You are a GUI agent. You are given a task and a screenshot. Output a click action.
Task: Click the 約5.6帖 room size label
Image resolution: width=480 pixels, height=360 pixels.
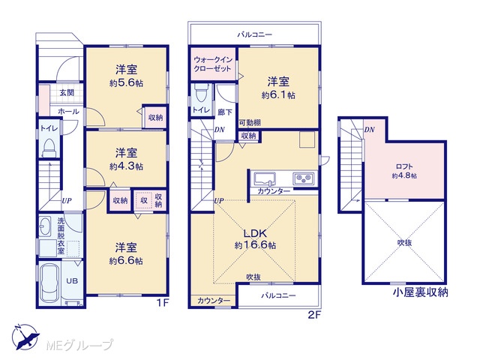[x=126, y=83]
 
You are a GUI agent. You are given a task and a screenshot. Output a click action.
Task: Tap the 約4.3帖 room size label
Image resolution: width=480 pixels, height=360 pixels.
[x=126, y=166]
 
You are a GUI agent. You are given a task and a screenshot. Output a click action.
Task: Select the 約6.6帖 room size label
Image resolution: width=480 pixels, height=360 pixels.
[x=126, y=261]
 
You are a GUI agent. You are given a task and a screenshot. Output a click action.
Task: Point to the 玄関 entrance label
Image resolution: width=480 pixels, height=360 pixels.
[x=67, y=92]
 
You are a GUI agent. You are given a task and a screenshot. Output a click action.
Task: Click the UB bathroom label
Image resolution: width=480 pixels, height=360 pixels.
[x=72, y=280]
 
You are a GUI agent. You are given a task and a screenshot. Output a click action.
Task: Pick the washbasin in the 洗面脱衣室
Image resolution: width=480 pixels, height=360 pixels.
[x=45, y=226]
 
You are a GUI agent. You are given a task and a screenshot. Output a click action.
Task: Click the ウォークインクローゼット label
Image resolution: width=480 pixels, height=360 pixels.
[x=213, y=64]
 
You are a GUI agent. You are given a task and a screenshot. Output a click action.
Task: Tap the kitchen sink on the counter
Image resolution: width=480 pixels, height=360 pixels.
[x=265, y=179]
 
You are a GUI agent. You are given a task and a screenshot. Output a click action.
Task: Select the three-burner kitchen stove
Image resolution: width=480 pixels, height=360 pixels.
[x=303, y=178]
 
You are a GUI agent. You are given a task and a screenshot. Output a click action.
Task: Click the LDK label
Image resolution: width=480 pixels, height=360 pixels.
[x=255, y=233]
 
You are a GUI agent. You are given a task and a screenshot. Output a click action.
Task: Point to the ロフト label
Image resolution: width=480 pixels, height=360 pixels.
[x=404, y=166]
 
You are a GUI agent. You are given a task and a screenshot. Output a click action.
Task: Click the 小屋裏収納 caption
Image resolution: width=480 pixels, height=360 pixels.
[x=421, y=292]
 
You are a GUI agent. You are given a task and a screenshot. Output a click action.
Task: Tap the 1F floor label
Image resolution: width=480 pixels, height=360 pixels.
[x=163, y=303]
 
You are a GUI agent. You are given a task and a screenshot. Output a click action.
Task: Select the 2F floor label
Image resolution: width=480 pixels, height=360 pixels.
[x=314, y=315]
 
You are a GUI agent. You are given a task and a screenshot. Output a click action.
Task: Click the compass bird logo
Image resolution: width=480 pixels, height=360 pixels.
[x=25, y=337]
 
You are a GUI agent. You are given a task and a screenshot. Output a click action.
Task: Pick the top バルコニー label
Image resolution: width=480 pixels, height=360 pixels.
[x=255, y=34]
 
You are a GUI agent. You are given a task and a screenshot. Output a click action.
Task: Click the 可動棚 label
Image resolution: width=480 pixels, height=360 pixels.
[x=250, y=123]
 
